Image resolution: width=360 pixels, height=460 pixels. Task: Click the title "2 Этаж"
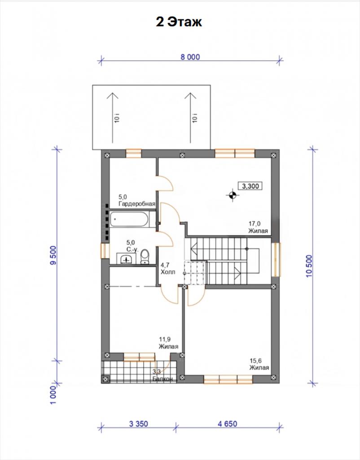pos(179,22)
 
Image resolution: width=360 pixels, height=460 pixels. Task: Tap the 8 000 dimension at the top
pos(190,57)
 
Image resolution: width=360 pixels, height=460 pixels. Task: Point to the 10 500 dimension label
pos(309,266)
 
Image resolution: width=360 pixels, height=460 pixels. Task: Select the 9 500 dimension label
pos(54,255)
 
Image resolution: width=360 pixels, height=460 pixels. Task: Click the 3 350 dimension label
pos(138,424)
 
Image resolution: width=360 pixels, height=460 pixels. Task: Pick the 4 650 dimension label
pos(228,424)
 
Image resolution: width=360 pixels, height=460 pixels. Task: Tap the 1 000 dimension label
pos(53,395)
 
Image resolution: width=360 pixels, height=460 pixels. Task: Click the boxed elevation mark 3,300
pos(250,186)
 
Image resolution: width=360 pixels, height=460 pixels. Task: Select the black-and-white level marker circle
pos(233,195)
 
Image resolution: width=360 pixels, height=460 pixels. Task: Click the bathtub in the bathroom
pos(129,219)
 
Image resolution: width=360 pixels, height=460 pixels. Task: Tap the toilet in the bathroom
pos(145,257)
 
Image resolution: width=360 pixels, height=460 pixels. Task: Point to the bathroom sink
pos(126,258)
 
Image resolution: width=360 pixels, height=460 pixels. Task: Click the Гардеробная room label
pos(137,203)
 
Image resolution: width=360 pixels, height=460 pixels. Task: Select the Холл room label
pos(168,272)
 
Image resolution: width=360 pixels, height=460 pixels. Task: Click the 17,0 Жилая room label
pos(258,227)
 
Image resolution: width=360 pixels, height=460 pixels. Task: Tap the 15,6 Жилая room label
pos(259,364)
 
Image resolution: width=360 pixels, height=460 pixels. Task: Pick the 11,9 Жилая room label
pos(169,343)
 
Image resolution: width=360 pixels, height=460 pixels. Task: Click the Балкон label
pos(162,379)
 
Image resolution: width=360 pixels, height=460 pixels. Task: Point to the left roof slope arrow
pos(112,118)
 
